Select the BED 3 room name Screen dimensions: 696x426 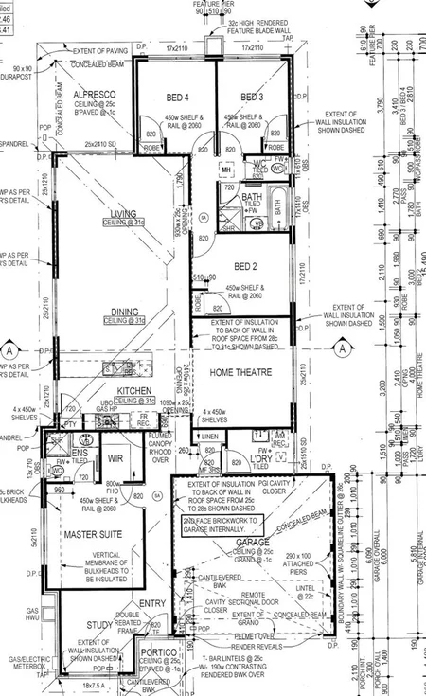[x=250, y=98]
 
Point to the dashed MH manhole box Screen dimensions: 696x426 [x=225, y=170]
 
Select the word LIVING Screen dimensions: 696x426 [x=124, y=214]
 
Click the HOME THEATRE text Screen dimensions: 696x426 [x=240, y=372]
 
